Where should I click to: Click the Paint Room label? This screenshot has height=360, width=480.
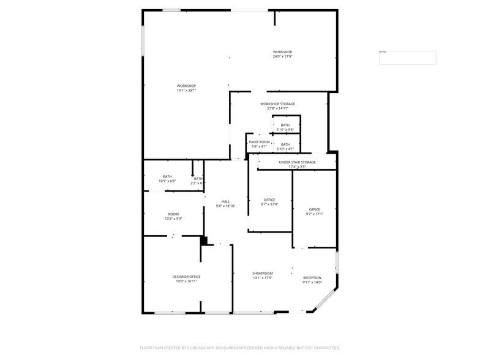click(x=259, y=141)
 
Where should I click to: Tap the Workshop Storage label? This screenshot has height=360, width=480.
click(x=277, y=104)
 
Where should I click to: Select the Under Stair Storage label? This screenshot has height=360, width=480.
click(x=297, y=162)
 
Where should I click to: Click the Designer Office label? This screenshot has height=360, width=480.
click(x=186, y=277)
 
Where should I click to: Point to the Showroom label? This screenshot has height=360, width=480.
click(x=262, y=273)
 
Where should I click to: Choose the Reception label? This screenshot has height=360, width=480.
click(x=312, y=278)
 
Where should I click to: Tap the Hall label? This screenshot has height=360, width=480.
click(x=225, y=201)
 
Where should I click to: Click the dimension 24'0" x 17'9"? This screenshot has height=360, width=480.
click(x=282, y=57)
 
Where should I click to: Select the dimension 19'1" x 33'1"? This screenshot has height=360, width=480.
click(x=186, y=91)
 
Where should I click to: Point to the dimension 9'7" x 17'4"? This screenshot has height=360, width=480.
click(x=269, y=204)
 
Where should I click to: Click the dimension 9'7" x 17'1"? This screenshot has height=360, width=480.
click(x=314, y=214)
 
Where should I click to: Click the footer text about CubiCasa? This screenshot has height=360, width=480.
click(x=239, y=348)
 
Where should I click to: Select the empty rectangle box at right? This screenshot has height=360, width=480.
click(x=407, y=58)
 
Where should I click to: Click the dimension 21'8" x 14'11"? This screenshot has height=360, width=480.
click(x=277, y=108)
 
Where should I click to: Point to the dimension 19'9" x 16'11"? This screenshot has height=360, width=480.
click(x=186, y=282)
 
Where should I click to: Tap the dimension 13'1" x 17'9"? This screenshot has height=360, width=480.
click(x=262, y=278)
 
